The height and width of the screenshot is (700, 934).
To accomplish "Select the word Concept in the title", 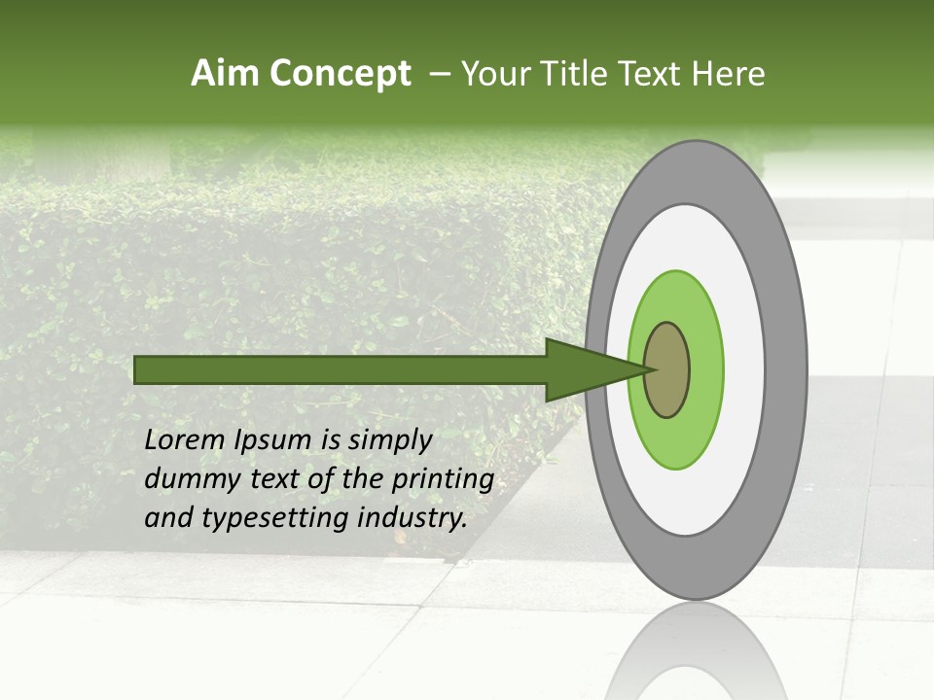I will click(x=340, y=74).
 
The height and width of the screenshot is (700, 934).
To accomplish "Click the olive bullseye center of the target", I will click(x=667, y=369).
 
